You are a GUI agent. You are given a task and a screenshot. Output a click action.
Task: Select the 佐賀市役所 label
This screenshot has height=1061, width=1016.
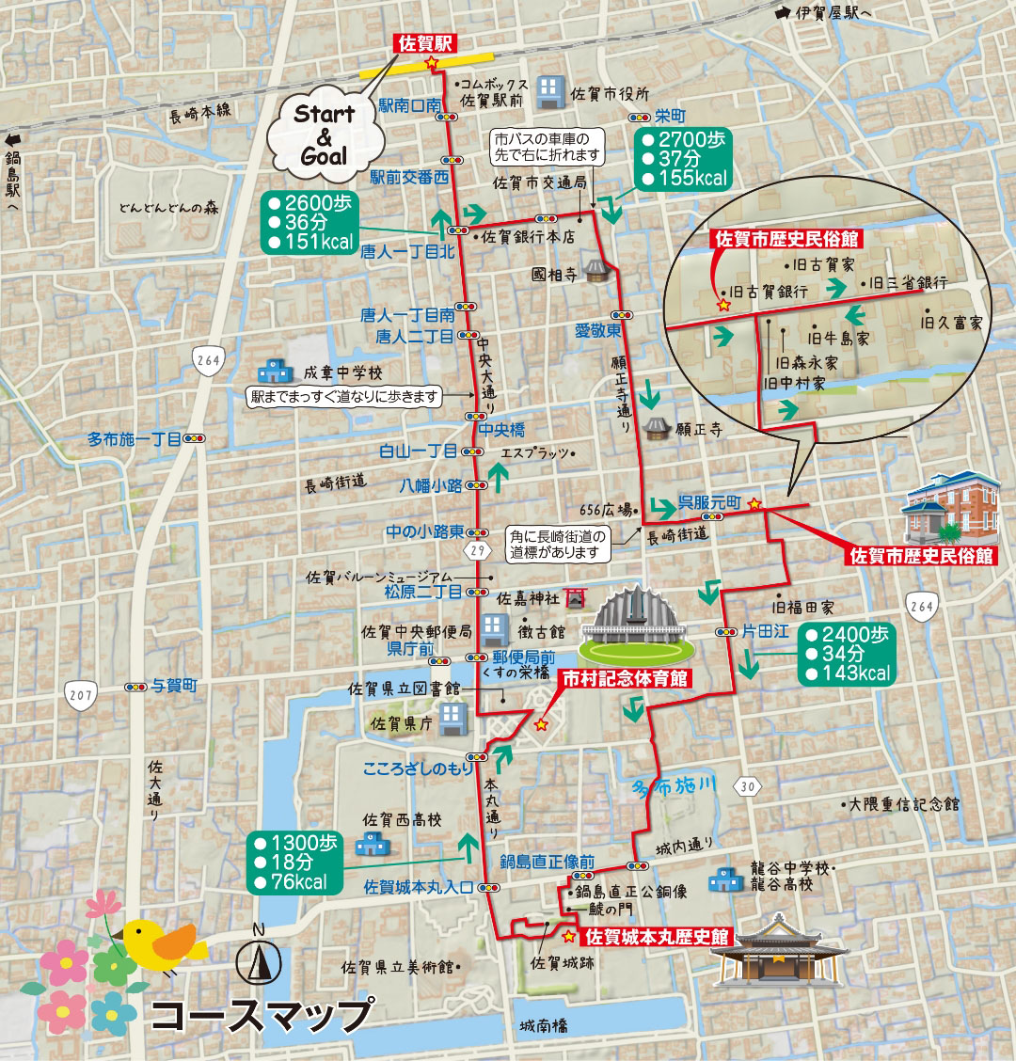click(609, 93)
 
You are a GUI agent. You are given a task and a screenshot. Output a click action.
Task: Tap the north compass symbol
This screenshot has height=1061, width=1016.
click(260, 958)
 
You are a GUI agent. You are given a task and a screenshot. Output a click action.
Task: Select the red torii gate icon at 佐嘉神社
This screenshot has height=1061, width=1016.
click(576, 597)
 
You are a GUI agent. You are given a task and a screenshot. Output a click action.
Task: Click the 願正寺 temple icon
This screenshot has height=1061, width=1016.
click(658, 429)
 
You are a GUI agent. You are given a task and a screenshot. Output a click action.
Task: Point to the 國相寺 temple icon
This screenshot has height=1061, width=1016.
click(595, 273)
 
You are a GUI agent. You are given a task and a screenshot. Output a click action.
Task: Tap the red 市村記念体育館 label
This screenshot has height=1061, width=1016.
click(625, 678)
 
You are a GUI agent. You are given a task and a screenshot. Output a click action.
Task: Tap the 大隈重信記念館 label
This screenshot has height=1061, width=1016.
click(903, 804)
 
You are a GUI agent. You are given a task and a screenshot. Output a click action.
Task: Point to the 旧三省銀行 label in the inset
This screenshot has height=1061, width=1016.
click(908, 282)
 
